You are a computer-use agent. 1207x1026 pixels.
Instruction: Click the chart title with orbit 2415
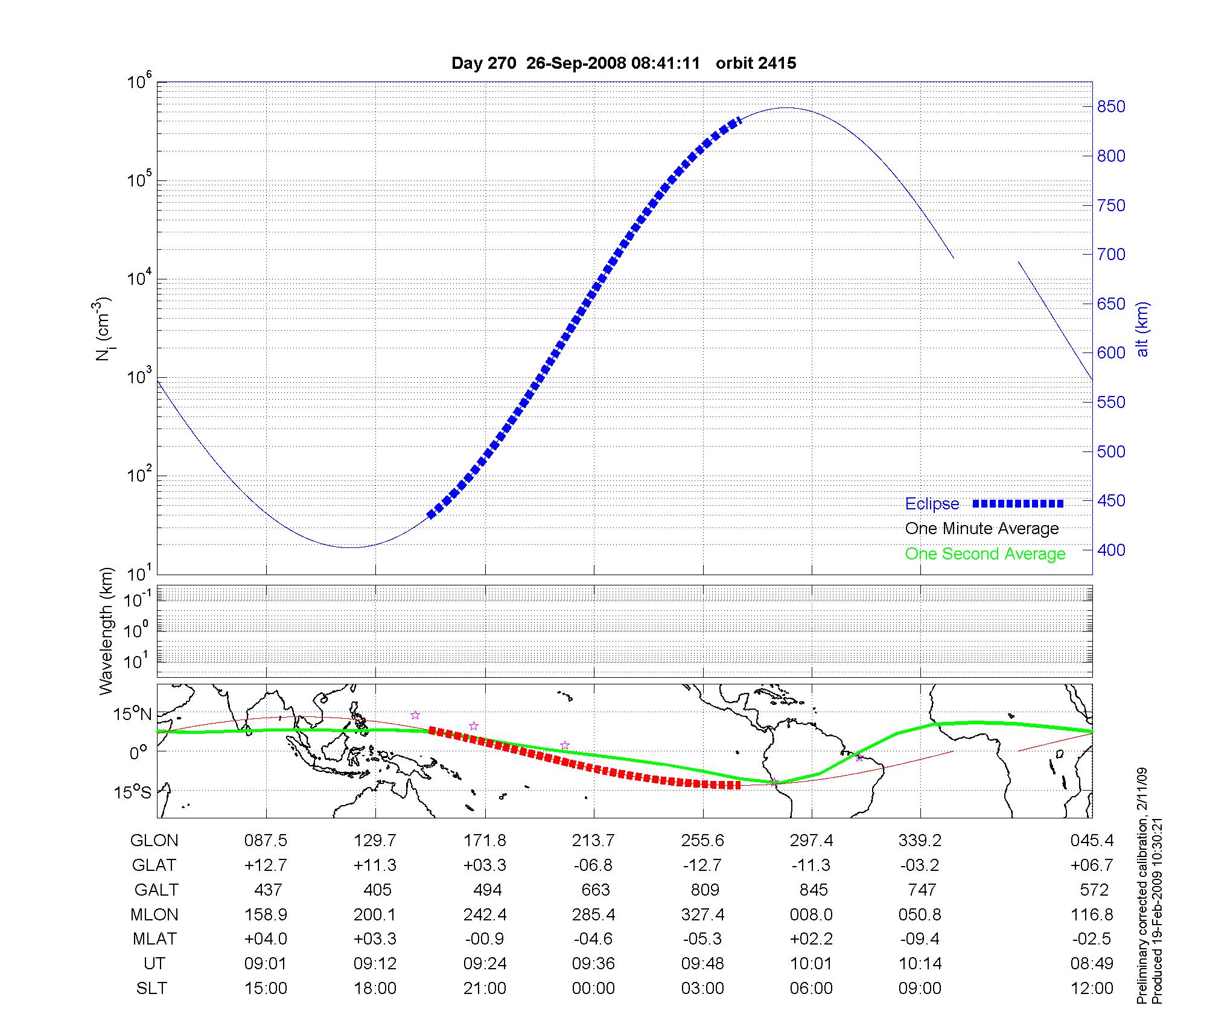[623, 63]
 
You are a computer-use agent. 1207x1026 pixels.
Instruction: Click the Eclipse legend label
[932, 504]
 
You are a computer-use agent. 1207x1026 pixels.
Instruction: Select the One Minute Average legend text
[982, 529]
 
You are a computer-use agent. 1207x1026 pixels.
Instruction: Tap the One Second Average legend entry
[985, 554]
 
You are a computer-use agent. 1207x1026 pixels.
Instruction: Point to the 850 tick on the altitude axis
[1110, 107]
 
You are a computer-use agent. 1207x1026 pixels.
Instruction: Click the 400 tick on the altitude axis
[1110, 550]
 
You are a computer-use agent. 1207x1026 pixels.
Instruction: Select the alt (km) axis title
[1142, 329]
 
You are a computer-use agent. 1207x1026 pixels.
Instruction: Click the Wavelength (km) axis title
[106, 631]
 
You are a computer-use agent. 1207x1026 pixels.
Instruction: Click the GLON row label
[154, 841]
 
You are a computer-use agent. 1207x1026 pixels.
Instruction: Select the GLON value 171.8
[485, 841]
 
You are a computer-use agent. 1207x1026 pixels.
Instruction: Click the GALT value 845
[813, 890]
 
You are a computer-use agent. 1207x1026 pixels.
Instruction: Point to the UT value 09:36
[593, 964]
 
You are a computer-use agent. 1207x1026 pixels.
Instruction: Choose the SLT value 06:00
[811, 989]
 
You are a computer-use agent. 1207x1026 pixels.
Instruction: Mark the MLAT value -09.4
[920, 939]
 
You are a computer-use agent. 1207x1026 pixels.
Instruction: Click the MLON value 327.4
[702, 915]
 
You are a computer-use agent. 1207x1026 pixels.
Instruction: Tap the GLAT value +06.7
[1092, 865]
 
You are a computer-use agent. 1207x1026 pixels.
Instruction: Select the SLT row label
[151, 989]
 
